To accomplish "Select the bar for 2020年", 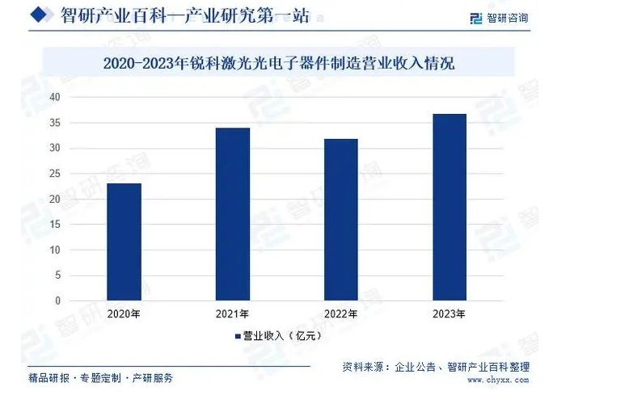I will click(x=124, y=242).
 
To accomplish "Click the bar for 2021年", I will click(x=232, y=214).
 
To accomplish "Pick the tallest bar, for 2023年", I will click(x=449, y=208).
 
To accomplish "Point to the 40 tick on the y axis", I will click(x=56, y=97).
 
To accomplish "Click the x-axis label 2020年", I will click(x=124, y=314).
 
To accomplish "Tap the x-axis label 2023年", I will click(x=449, y=314).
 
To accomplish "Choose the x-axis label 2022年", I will click(x=340, y=314).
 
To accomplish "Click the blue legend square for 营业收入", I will click(x=238, y=335).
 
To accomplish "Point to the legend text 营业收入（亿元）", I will click(x=278, y=335).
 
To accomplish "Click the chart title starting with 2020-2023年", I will click(x=279, y=63).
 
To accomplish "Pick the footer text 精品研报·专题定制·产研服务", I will click(x=100, y=377).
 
